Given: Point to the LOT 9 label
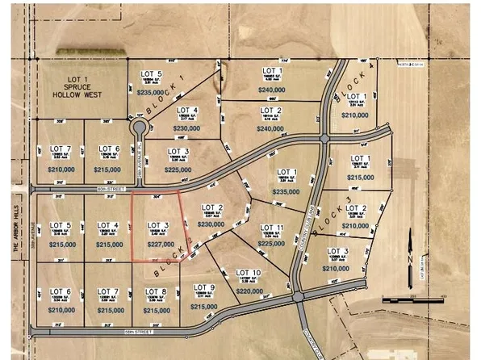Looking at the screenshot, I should coord(205,287).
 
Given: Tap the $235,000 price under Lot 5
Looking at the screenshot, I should coord(153,93).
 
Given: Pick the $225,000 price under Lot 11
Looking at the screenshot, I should coord(272,243).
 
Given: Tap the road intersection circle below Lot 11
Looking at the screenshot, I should coord(300,299).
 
